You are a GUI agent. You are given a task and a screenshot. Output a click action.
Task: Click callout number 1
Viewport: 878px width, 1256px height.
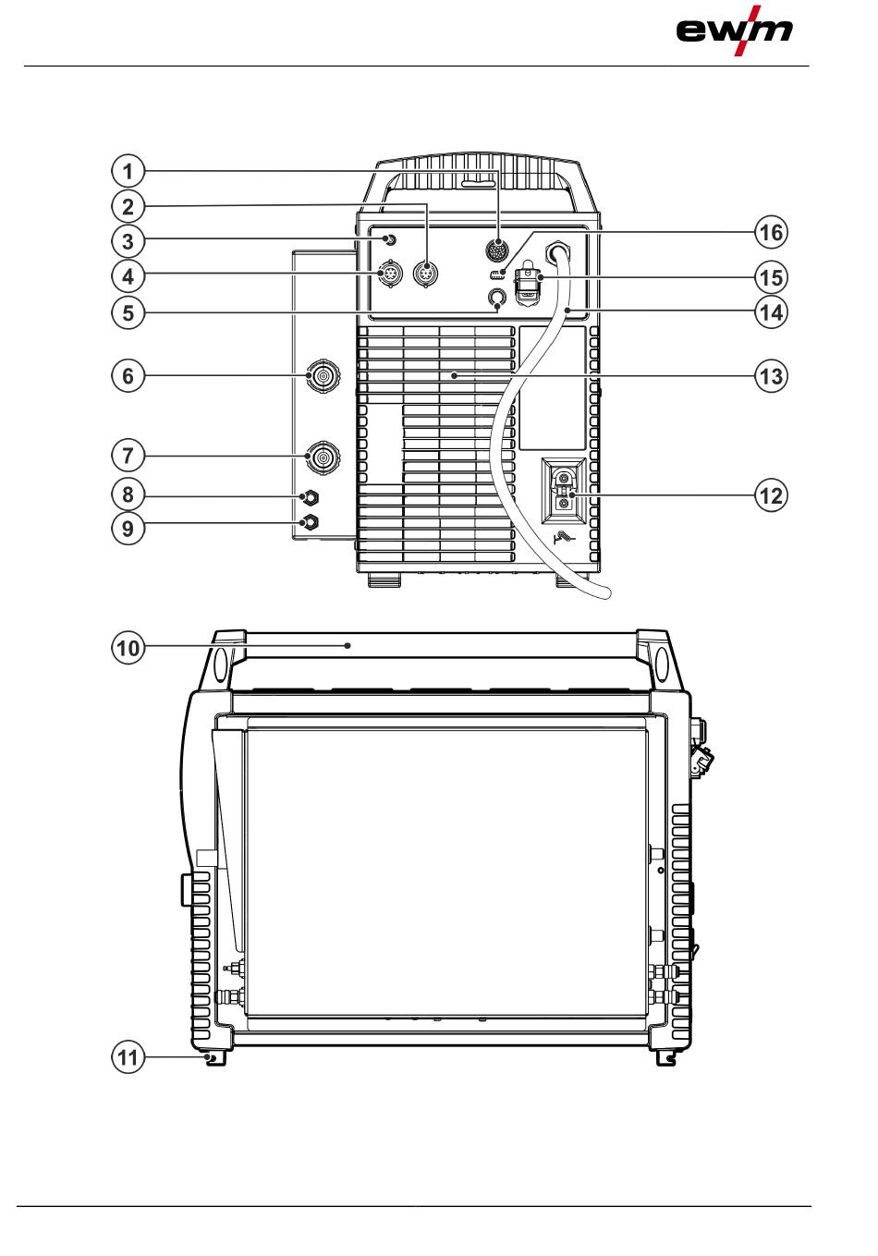tap(128, 171)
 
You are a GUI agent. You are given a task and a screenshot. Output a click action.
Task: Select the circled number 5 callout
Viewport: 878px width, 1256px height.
tap(128, 312)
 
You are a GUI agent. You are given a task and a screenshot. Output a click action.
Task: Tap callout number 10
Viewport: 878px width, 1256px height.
tap(128, 648)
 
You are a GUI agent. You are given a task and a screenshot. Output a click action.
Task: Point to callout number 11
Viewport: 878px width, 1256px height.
tap(128, 1056)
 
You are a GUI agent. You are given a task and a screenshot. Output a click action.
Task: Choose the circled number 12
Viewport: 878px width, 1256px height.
tap(770, 495)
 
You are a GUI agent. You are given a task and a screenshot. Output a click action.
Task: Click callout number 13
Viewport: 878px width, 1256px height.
tap(770, 376)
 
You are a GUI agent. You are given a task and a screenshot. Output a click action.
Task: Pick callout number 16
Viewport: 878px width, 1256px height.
tap(770, 232)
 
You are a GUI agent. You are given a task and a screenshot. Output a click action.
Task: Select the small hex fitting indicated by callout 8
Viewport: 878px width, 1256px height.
tap(311, 498)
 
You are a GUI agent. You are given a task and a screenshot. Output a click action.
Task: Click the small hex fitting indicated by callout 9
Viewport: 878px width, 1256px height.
tap(311, 523)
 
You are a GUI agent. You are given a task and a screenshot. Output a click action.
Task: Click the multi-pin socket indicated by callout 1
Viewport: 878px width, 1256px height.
tap(498, 251)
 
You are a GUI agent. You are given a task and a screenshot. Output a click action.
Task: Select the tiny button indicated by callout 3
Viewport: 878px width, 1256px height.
tap(390, 240)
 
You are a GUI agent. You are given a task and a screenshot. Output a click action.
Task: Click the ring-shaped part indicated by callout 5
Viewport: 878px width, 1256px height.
tap(497, 298)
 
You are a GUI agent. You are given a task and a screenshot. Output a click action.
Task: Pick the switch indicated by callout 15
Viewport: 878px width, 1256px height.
tap(529, 282)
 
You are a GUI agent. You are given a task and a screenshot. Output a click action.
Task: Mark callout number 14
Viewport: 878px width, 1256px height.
tap(770, 312)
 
